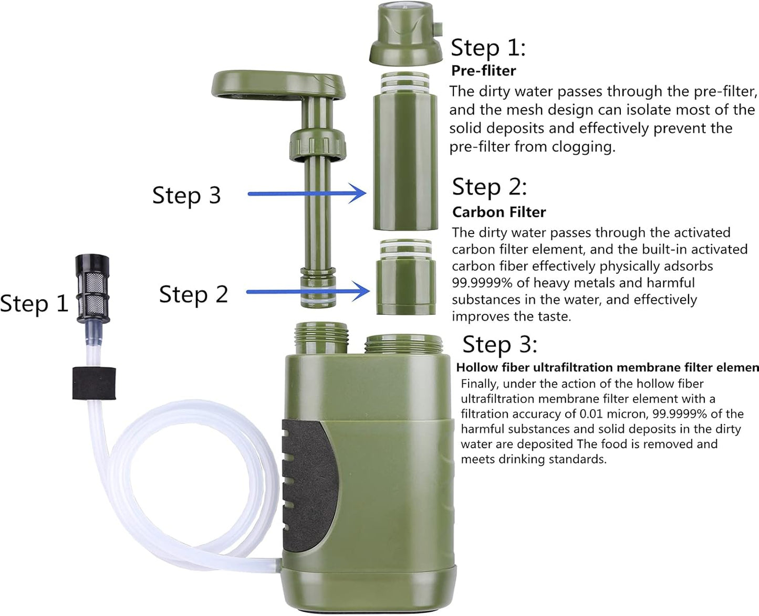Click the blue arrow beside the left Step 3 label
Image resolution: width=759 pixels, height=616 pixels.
pyautogui.click(x=307, y=194)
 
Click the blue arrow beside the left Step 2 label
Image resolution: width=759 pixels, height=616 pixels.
pyautogui.click(x=308, y=292)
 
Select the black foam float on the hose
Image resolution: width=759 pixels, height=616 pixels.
pyautogui.click(x=94, y=383)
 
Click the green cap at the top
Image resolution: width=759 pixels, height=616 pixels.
pyautogui.click(x=406, y=33)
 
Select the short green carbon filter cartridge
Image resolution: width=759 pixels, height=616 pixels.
pyautogui.click(x=406, y=277)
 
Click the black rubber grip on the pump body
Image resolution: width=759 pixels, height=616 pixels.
pyautogui.click(x=309, y=486)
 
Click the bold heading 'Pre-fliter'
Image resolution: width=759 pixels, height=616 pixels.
pyautogui.click(x=484, y=71)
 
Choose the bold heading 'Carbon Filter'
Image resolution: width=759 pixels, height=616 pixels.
pyautogui.click(x=499, y=212)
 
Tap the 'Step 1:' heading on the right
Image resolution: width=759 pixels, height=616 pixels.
pyautogui.click(x=488, y=48)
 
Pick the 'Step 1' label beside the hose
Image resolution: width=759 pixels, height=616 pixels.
pyautogui.click(x=34, y=303)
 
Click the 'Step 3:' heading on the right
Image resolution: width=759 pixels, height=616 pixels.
pyautogui.click(x=500, y=345)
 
